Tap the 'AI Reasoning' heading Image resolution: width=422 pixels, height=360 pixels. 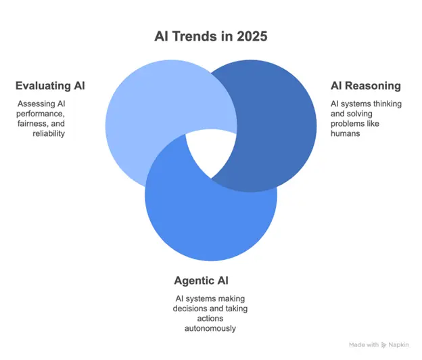365,86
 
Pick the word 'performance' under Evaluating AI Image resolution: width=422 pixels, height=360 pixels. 40,114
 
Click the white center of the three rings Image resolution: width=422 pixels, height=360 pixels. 209,150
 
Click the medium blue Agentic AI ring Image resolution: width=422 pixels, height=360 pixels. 203,217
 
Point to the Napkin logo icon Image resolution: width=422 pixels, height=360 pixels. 385,344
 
